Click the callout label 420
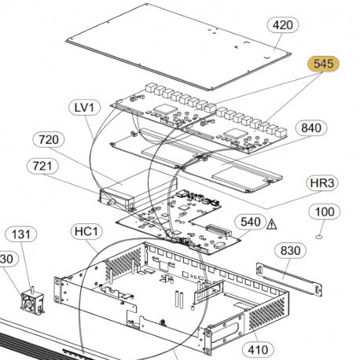282,25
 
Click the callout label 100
325,211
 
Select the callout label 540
250,222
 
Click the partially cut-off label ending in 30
7,259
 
